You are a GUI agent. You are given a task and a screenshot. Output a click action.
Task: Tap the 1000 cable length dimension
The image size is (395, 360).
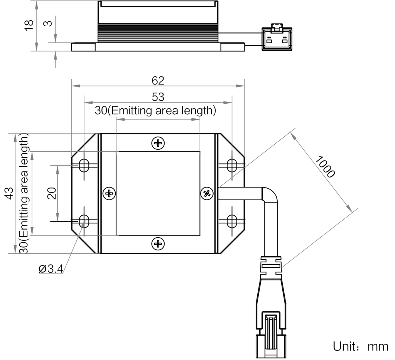click(325, 166)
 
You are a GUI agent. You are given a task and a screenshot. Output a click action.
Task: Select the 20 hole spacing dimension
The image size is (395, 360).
click(51, 192)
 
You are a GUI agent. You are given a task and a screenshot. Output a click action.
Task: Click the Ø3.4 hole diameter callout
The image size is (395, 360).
click(51, 269)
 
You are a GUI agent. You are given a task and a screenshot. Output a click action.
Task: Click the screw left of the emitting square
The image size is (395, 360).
click(109, 193)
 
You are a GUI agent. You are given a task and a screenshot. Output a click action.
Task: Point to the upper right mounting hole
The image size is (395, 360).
click(232, 165)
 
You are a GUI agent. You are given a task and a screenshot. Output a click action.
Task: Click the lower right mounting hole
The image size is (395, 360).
click(232, 221)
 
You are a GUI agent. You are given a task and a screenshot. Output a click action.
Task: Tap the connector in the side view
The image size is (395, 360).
click(277, 38)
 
